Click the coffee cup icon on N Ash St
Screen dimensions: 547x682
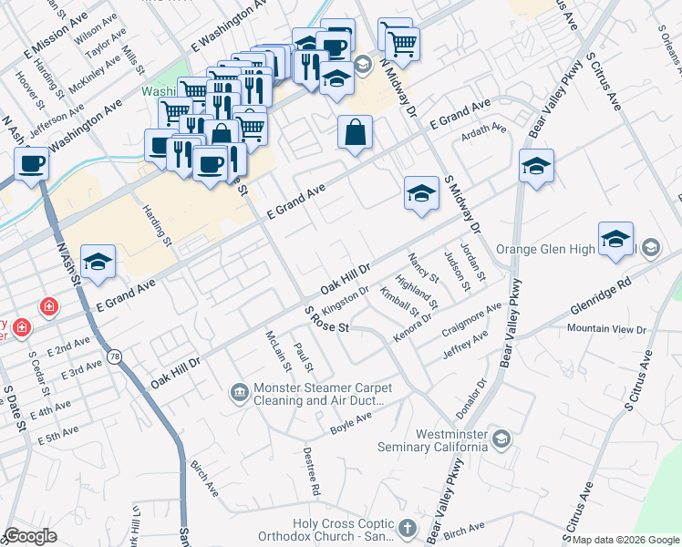click(x=32, y=164)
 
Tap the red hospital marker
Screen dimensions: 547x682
click(x=46, y=307)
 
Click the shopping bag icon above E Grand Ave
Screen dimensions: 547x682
click(x=356, y=132)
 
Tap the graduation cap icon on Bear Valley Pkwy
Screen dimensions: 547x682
click(x=537, y=166)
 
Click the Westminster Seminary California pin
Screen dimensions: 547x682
click(x=501, y=440)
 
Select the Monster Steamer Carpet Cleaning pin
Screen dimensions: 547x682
click(x=239, y=392)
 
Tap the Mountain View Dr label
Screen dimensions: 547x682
click(x=605, y=328)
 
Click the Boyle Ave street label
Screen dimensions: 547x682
click(x=351, y=422)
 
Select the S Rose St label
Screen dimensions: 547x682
click(x=326, y=321)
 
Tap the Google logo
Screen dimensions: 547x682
click(x=30, y=536)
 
